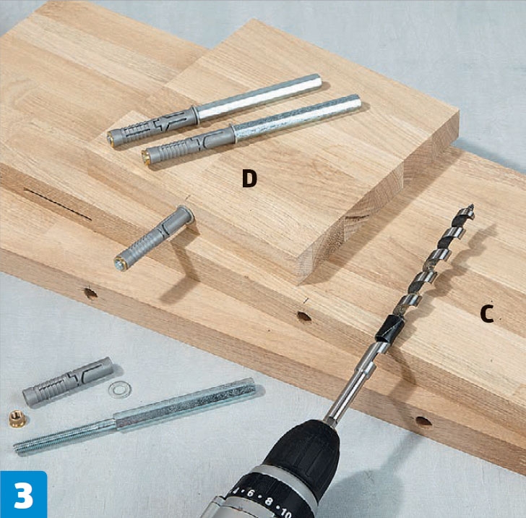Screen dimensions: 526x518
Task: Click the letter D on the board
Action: [x=249, y=179]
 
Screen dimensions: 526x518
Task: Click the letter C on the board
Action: [x=487, y=314]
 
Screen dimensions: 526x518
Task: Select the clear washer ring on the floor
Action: [x=120, y=390]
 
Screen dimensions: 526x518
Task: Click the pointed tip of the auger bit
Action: [x=473, y=205]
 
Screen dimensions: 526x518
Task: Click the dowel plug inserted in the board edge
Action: [x=155, y=237]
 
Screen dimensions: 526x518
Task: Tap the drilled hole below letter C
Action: [x=423, y=421]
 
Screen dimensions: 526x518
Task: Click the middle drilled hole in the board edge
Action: [x=304, y=316]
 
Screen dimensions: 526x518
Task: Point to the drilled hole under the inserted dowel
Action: [x=90, y=293]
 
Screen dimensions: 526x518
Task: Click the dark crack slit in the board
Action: [x=58, y=204]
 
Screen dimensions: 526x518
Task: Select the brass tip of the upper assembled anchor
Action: [x=111, y=139]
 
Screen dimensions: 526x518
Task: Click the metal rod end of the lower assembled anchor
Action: [x=355, y=101]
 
